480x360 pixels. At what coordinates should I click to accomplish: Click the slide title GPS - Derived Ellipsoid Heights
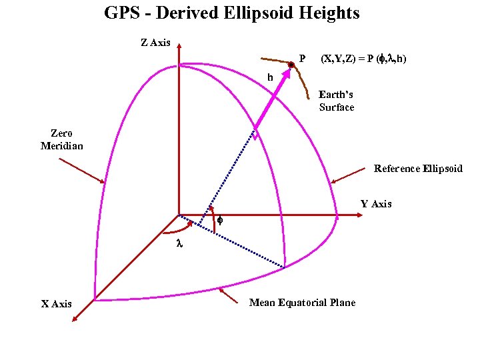click(231, 13)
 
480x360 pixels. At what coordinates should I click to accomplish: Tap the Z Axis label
click(155, 43)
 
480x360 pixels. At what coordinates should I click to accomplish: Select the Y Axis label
click(376, 204)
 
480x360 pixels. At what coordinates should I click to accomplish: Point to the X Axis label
click(57, 304)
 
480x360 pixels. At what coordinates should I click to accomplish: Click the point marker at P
click(291, 65)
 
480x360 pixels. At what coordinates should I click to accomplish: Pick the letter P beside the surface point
click(302, 59)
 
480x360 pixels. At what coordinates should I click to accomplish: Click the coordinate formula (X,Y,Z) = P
click(363, 59)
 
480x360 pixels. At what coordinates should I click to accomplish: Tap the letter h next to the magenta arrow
click(270, 77)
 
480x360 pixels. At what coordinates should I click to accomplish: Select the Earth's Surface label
click(336, 101)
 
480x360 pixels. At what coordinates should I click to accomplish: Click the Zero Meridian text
click(62, 139)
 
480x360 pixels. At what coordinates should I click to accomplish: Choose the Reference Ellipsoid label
click(418, 169)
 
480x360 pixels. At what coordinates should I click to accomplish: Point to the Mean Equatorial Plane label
click(302, 303)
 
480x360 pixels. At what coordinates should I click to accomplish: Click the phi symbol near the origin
click(220, 220)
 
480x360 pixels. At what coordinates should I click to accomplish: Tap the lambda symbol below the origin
click(179, 245)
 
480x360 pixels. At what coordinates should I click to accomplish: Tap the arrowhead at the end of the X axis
click(74, 321)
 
